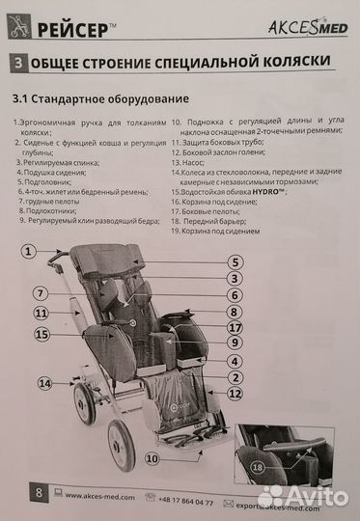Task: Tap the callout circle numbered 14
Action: click(45, 383)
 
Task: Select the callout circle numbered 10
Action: click(152, 459)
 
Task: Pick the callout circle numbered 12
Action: click(234, 394)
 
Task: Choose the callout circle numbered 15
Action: click(41, 334)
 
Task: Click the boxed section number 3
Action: click(19, 63)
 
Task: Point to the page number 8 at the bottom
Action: click(38, 493)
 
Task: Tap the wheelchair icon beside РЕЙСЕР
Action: click(18, 28)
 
